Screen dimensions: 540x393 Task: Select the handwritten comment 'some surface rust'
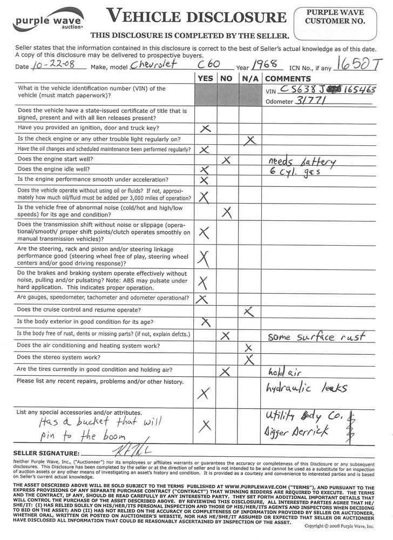(316, 336)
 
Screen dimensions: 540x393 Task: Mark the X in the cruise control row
(248, 311)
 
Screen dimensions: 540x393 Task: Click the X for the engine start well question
(226, 160)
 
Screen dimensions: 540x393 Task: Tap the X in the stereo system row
(249, 358)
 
